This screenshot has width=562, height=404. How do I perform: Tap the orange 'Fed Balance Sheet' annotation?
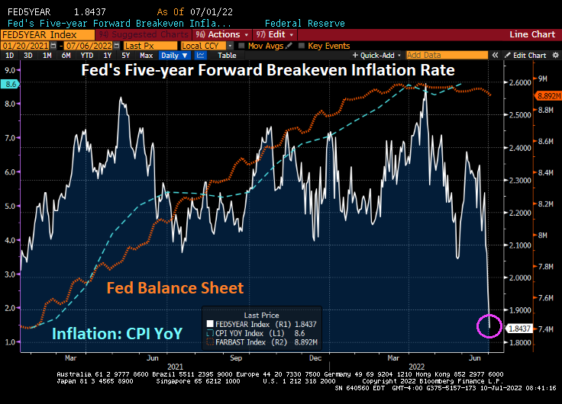point(175,287)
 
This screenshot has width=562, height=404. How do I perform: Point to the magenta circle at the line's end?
point(489,325)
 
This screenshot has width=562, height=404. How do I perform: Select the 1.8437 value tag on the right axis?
point(519,327)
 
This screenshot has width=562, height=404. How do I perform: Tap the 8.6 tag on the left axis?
point(9,84)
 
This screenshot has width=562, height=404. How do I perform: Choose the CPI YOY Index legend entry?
point(244,333)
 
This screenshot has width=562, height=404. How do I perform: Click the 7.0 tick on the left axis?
point(9,138)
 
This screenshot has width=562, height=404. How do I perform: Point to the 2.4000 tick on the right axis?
point(519,147)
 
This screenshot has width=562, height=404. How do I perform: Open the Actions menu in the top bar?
point(222,34)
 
